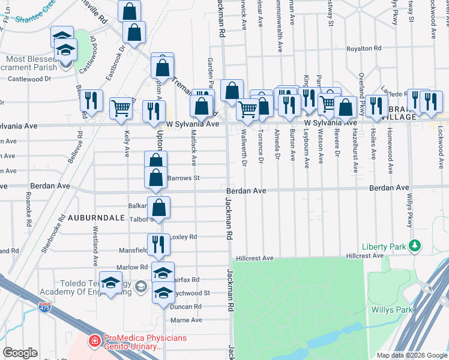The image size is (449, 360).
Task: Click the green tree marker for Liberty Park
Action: [x=414, y=245]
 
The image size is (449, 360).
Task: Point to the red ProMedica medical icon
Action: [x=94, y=342]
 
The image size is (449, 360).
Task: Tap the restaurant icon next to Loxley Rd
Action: [x=158, y=244]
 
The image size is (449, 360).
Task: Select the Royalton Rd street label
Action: [x=364, y=48]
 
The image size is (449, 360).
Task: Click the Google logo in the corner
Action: [x=20, y=352]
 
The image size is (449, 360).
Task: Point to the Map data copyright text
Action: [x=412, y=355]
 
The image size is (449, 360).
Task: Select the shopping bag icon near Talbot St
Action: [x=159, y=208]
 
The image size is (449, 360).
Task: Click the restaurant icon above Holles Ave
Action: [x=377, y=105]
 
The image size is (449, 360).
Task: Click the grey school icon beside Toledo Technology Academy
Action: [x=140, y=286]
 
